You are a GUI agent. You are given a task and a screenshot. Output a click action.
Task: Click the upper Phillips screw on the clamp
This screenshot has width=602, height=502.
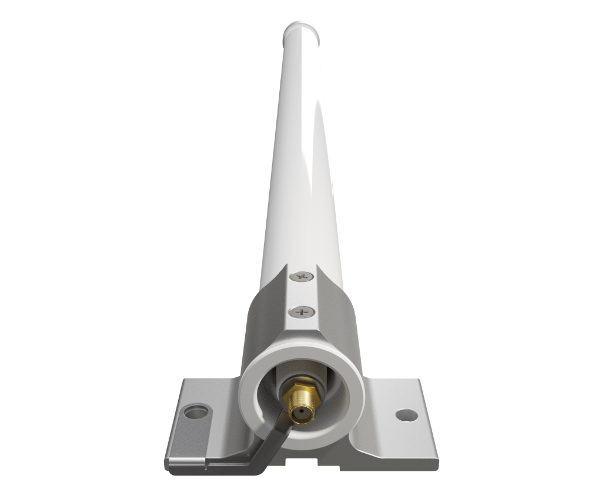pos(303,276)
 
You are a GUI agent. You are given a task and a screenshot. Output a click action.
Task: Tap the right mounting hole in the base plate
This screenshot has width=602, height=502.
pos(406,414)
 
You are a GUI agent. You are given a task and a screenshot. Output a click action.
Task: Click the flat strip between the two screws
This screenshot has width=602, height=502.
pos(303,293)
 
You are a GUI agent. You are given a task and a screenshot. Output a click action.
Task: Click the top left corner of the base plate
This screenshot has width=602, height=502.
pos(184,381)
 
